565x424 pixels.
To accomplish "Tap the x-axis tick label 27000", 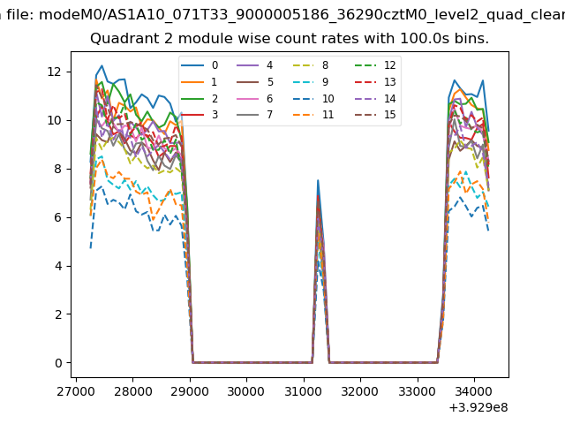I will [x=76, y=390].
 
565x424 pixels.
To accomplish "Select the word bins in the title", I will [x=471, y=39].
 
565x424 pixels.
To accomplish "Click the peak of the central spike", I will [x=318, y=180].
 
